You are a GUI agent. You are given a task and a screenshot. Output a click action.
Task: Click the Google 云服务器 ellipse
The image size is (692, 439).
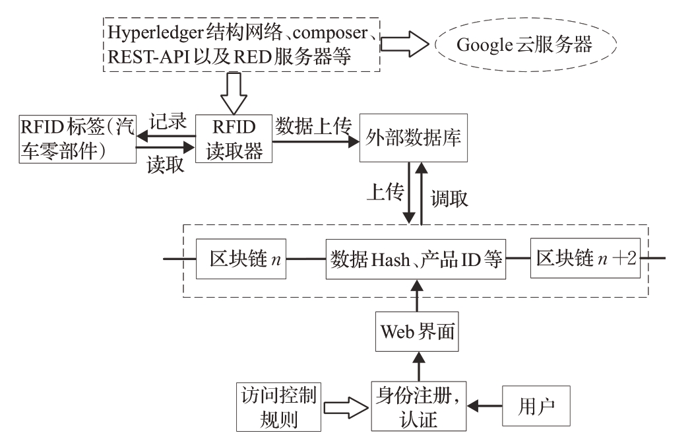[525, 46]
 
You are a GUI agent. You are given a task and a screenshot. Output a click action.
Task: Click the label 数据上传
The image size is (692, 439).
[313, 123]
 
